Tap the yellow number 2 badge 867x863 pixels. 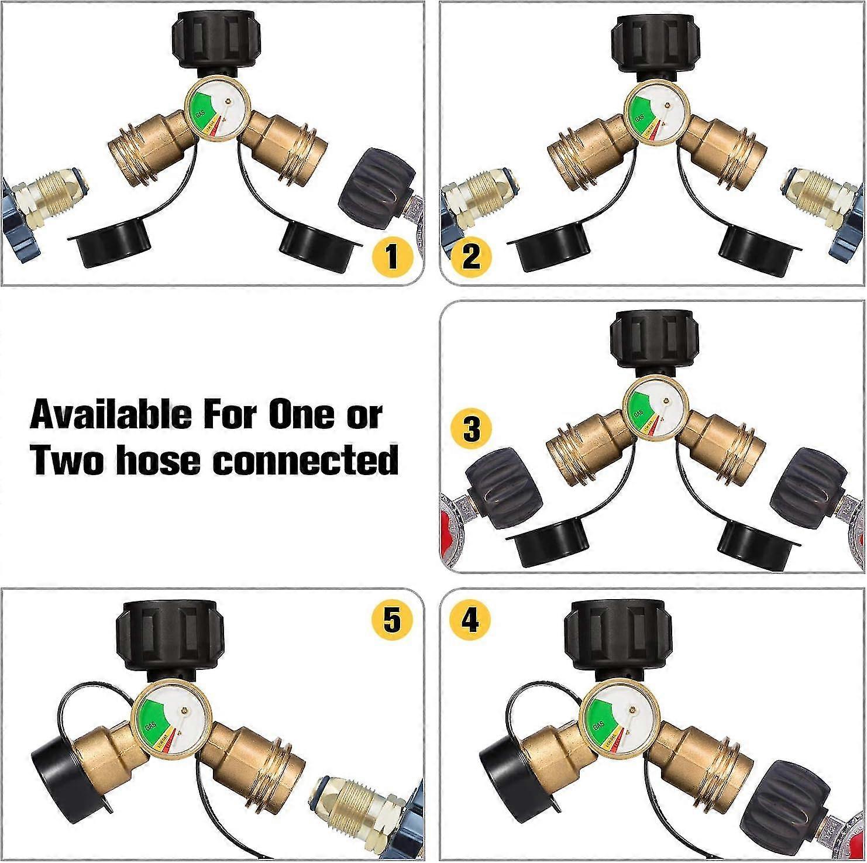(471, 256)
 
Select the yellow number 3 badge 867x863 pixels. (471, 430)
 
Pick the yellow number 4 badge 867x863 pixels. (471, 619)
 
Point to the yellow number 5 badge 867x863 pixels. (393, 619)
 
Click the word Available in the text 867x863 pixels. (111, 415)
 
